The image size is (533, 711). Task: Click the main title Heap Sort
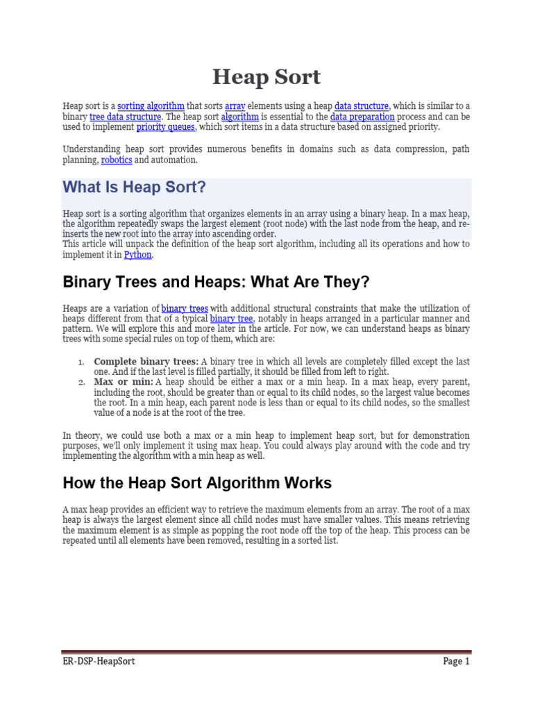click(x=266, y=77)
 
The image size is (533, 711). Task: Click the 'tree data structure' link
click(x=126, y=117)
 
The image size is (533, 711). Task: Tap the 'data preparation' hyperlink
click(x=362, y=117)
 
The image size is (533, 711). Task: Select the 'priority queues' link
click(x=166, y=127)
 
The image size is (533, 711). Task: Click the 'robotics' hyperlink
click(x=117, y=160)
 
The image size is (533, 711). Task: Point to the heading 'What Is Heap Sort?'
click(x=135, y=187)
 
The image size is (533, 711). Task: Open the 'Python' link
click(x=137, y=255)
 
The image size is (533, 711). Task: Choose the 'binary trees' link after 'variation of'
click(x=185, y=308)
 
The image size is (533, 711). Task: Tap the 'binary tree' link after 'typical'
click(x=232, y=318)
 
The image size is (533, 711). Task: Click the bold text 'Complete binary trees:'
click(x=146, y=362)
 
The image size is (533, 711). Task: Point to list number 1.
click(x=81, y=362)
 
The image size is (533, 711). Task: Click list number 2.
click(x=81, y=383)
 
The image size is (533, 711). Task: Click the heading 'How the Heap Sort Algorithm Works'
click(x=197, y=483)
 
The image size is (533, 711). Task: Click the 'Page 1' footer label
click(x=456, y=661)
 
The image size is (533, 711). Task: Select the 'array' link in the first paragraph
click(x=235, y=106)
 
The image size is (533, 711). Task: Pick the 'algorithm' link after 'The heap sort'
click(x=239, y=117)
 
